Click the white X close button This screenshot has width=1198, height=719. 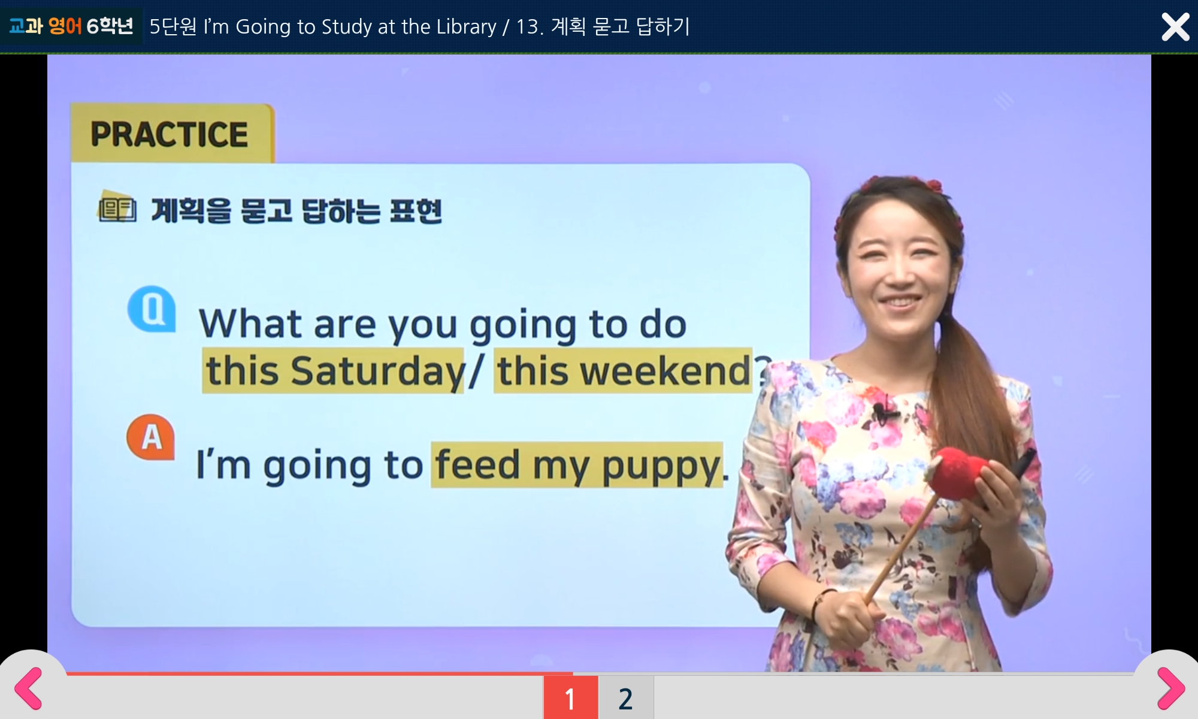(x=1175, y=27)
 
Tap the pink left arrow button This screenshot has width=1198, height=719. (x=28, y=688)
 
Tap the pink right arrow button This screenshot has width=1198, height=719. (x=1171, y=688)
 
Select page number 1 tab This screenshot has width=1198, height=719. (x=570, y=698)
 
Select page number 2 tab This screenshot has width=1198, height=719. (x=625, y=698)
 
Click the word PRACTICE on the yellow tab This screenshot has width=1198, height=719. (x=169, y=134)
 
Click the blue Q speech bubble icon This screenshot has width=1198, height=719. (x=152, y=309)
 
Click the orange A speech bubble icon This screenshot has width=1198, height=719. (x=150, y=437)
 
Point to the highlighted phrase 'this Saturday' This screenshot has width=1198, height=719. (x=334, y=371)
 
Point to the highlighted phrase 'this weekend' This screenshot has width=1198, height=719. (x=623, y=371)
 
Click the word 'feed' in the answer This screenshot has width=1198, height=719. (x=477, y=464)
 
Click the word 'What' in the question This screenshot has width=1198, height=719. (x=250, y=324)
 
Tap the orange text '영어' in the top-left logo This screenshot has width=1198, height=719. (x=65, y=26)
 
